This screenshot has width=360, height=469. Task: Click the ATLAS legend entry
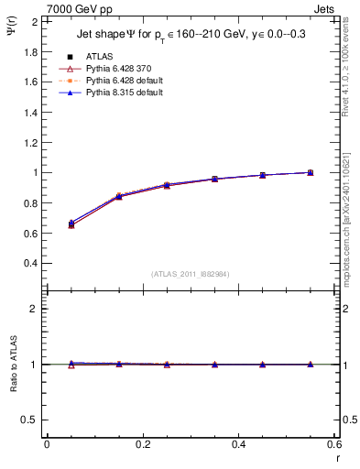(x=100, y=56)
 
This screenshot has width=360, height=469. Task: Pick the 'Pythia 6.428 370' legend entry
(x=115, y=69)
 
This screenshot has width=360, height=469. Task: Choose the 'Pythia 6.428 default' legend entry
(x=120, y=82)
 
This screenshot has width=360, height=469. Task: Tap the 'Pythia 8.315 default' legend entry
(x=120, y=93)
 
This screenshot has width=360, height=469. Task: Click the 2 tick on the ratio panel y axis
(x=34, y=309)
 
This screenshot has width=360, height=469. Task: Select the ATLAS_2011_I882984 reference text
(x=191, y=274)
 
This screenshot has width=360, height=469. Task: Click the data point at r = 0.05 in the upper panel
(x=71, y=224)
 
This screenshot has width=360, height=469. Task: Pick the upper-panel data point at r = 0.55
(x=311, y=172)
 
